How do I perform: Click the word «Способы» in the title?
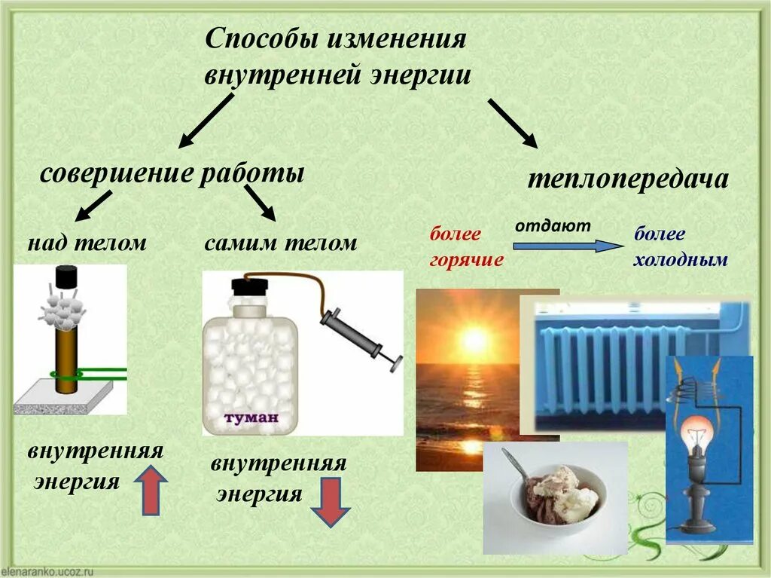click(x=260, y=40)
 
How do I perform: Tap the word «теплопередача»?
click(x=627, y=179)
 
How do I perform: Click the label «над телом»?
click(x=87, y=243)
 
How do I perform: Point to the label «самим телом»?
click(x=280, y=243)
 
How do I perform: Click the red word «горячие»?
click(x=466, y=260)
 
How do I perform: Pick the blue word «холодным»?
click(x=681, y=260)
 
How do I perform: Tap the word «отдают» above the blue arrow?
click(x=553, y=225)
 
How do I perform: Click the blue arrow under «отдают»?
click(x=569, y=246)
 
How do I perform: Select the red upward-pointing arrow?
click(x=151, y=490)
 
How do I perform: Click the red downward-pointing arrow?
click(x=331, y=503)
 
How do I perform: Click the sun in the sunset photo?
click(x=474, y=340)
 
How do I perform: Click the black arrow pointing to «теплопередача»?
click(x=513, y=123)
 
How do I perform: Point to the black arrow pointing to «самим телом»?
click(x=261, y=202)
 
